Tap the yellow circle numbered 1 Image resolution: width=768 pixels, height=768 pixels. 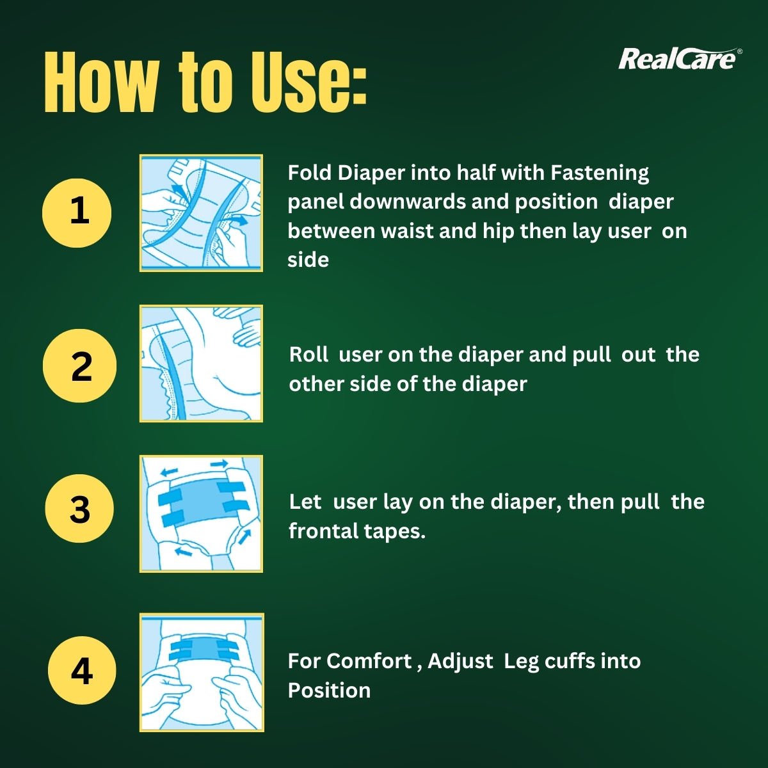(x=77, y=212)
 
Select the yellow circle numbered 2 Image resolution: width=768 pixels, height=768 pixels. (x=79, y=365)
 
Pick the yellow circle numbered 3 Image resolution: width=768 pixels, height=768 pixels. (x=79, y=509)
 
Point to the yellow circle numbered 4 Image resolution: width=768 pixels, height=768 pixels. (x=82, y=670)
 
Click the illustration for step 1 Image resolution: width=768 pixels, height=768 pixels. (x=201, y=212)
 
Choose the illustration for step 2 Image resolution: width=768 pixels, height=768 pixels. (x=201, y=364)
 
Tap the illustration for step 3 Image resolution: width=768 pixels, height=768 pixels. (x=201, y=513)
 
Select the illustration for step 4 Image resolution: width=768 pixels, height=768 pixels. (x=202, y=672)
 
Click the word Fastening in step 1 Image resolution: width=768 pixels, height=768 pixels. (x=600, y=173)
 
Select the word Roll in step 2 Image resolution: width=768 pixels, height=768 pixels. (x=308, y=355)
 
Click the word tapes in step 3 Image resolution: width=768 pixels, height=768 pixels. (x=395, y=532)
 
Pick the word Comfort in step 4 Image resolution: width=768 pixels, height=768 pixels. (x=369, y=661)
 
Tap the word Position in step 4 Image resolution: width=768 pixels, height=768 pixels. (x=329, y=691)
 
